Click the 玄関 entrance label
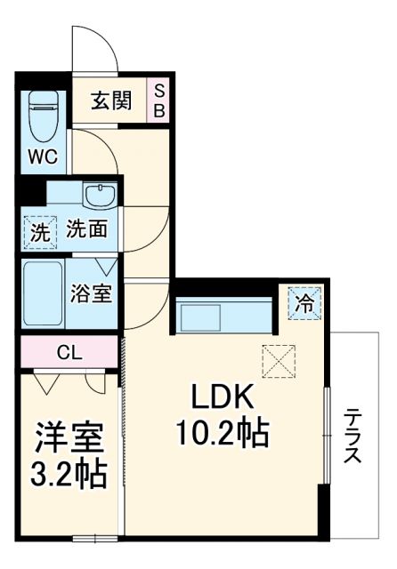[x=111, y=100]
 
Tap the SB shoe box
[x=160, y=100]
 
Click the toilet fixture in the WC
[x=43, y=116]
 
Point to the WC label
[x=42, y=157]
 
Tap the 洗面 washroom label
[x=88, y=230]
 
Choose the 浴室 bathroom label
[x=91, y=294]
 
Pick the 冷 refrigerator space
[x=304, y=303]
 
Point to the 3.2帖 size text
[x=70, y=474]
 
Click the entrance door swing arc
[x=93, y=49]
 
